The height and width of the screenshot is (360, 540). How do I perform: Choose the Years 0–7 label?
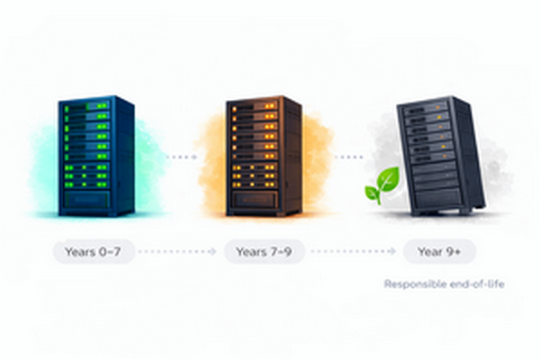click(x=94, y=252)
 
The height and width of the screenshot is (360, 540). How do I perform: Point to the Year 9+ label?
click(x=439, y=252)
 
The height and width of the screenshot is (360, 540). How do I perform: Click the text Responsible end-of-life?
click(x=445, y=284)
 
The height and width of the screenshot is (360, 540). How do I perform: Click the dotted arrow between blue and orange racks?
click(x=181, y=156)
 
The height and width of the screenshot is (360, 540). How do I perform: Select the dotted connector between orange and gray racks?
click(x=348, y=156)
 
